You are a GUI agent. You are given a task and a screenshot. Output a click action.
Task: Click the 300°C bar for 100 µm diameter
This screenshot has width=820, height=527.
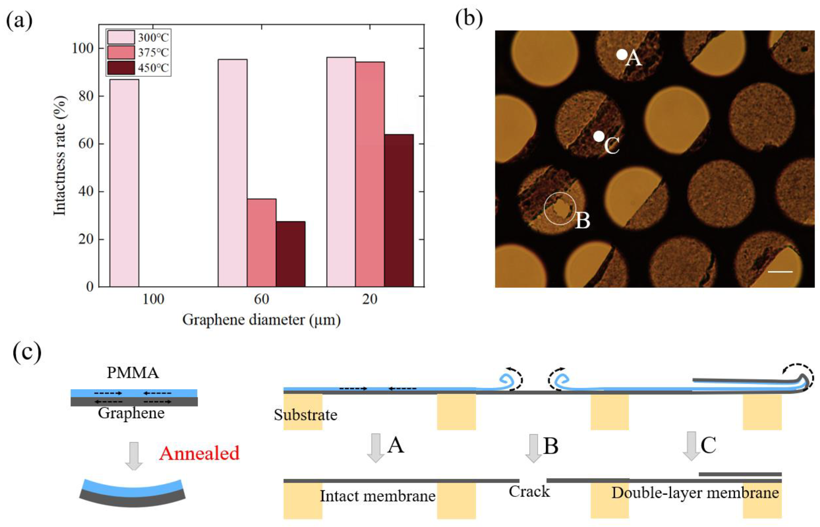pyautogui.click(x=124, y=183)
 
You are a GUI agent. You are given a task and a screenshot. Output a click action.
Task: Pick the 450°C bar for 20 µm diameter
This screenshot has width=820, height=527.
pyautogui.click(x=399, y=210)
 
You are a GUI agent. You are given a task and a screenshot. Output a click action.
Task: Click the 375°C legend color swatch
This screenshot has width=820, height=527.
pyautogui.click(x=121, y=52)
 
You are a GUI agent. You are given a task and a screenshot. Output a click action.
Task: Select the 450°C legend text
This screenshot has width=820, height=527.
pyautogui.click(x=153, y=68)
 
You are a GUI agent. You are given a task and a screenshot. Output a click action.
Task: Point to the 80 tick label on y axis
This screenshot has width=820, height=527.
pyautogui.click(x=86, y=96)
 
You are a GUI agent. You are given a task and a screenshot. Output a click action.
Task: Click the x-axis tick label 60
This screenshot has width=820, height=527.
pyautogui.click(x=261, y=300)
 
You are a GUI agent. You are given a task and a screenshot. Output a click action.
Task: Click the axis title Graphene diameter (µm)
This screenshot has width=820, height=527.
pyautogui.click(x=261, y=320)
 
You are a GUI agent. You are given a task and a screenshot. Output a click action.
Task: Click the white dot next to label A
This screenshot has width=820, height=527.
pyautogui.click(x=621, y=54)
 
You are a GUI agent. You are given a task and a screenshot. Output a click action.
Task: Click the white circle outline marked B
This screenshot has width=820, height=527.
pyautogui.click(x=560, y=208)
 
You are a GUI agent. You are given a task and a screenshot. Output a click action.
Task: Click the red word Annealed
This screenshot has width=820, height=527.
pyautogui.click(x=199, y=453)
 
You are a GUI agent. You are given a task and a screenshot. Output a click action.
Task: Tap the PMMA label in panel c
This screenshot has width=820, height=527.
pyautogui.click(x=133, y=373)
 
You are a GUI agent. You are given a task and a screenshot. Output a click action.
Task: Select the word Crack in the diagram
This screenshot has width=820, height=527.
pyautogui.click(x=529, y=492)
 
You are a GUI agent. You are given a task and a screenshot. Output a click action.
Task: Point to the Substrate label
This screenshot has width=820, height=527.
pyautogui.click(x=305, y=415)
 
